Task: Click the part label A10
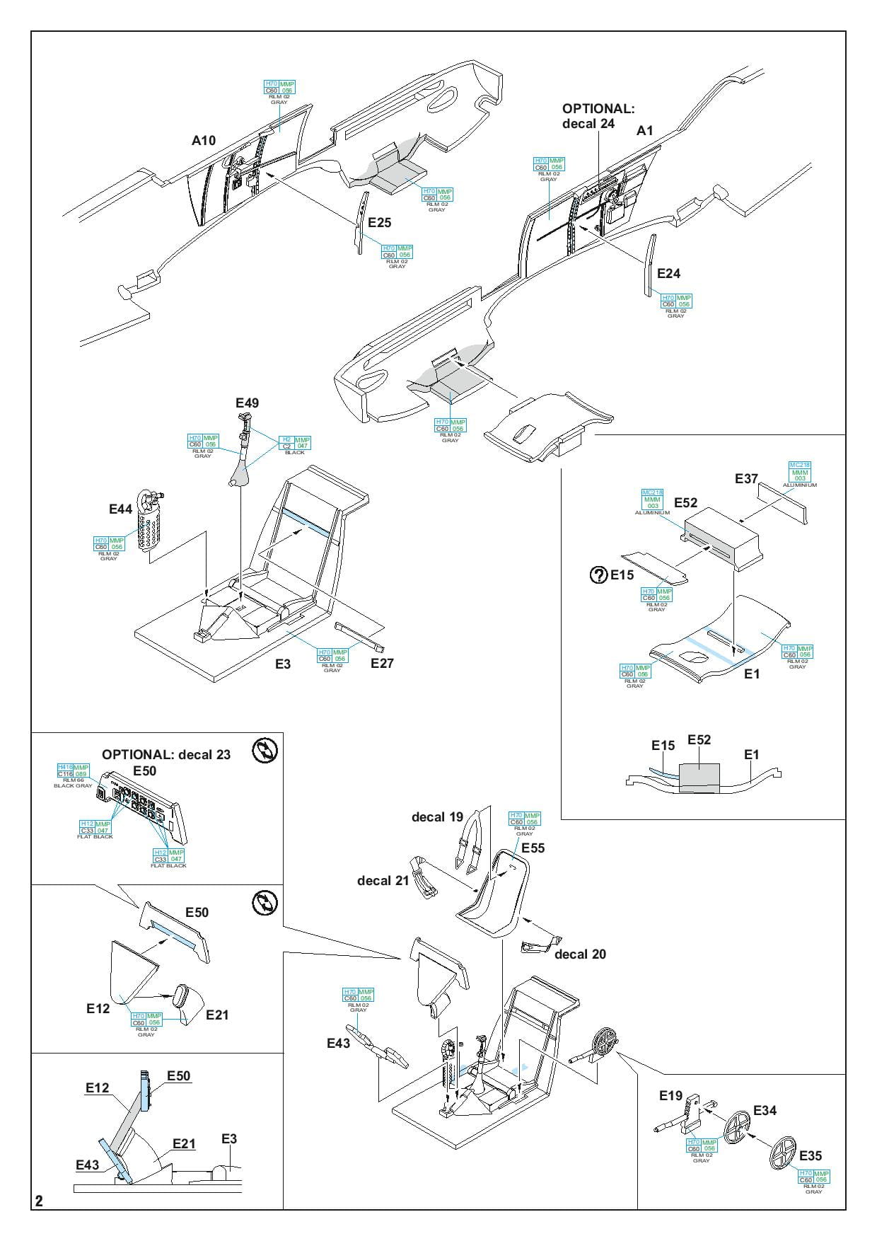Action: pyautogui.click(x=204, y=141)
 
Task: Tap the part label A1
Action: pyautogui.click(x=645, y=131)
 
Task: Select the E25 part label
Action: pyautogui.click(x=379, y=223)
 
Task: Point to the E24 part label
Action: pyautogui.click(x=668, y=274)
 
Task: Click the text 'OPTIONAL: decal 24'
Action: pyautogui.click(x=598, y=116)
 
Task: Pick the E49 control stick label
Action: pyautogui.click(x=247, y=403)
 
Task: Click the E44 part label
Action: pyautogui.click(x=121, y=509)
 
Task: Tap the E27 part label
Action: pyautogui.click(x=382, y=663)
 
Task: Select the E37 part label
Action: pyautogui.click(x=746, y=479)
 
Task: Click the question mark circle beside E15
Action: pyautogui.click(x=598, y=575)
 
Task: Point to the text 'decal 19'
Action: pyautogui.click(x=437, y=817)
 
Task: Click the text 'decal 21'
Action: pyautogui.click(x=383, y=881)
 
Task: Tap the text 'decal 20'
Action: pyautogui.click(x=580, y=954)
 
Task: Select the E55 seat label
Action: pyautogui.click(x=533, y=848)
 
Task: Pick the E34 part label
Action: pyautogui.click(x=765, y=1111)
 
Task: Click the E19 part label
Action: pyautogui.click(x=670, y=1096)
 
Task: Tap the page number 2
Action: pyautogui.click(x=40, y=1201)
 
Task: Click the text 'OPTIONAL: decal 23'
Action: pyautogui.click(x=166, y=755)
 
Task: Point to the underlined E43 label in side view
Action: pyautogui.click(x=88, y=1165)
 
